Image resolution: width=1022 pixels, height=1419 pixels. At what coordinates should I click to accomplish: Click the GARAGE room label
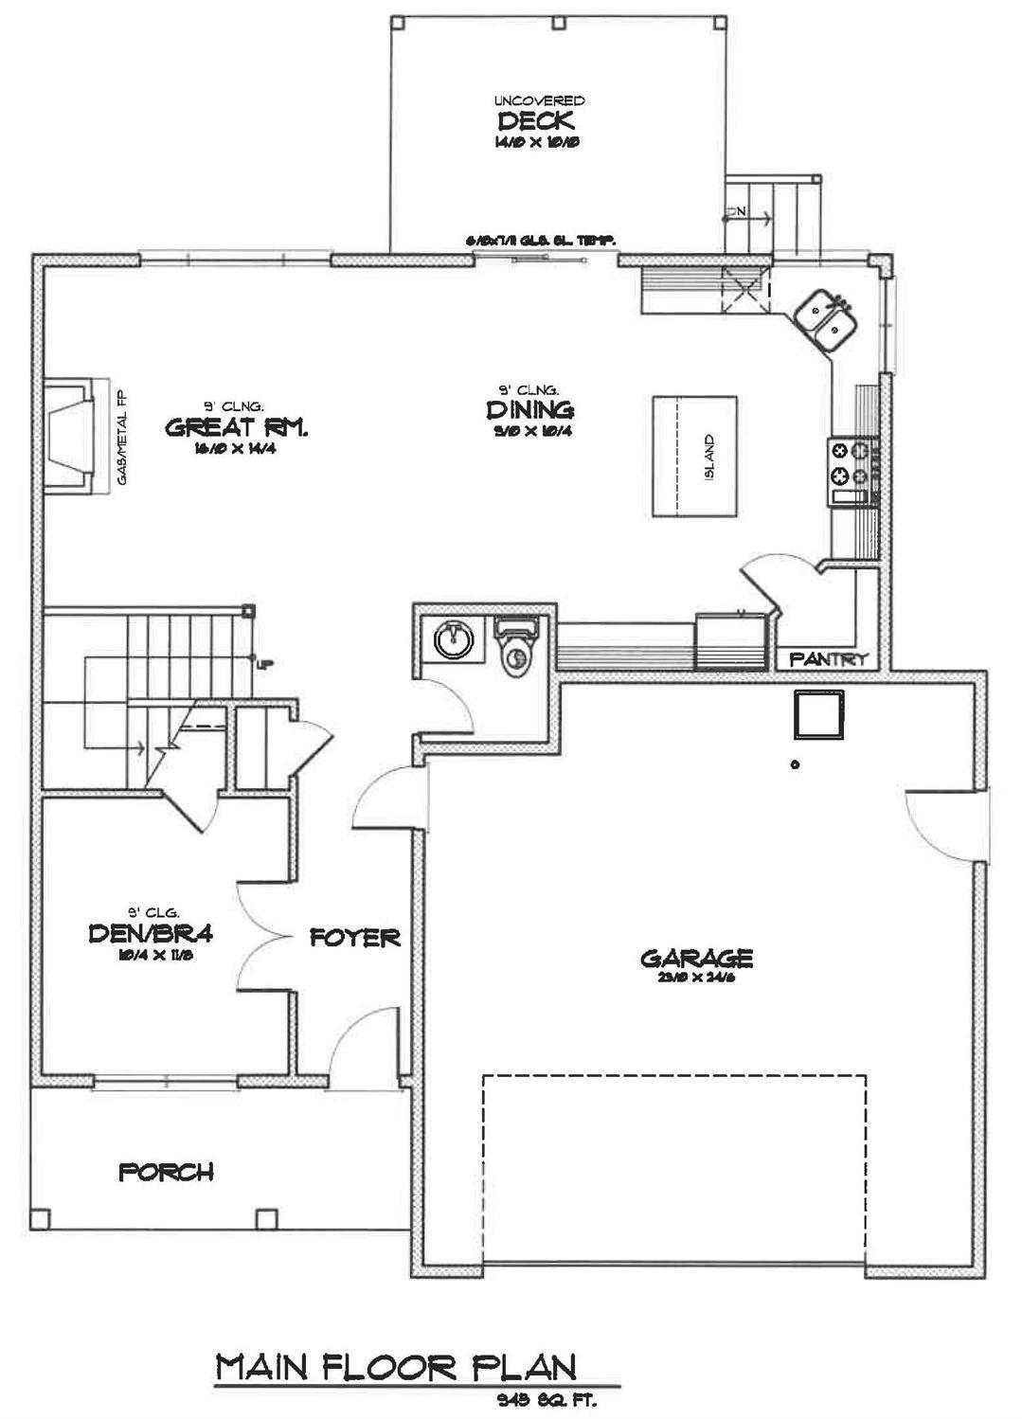[x=696, y=958]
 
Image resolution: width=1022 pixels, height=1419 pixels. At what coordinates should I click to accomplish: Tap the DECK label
[x=536, y=121]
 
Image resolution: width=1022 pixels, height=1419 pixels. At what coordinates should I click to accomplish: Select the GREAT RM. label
[x=237, y=427]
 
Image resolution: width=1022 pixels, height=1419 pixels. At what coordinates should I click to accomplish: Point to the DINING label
[x=530, y=409]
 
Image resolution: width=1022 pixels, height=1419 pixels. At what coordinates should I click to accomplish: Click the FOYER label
[x=355, y=938]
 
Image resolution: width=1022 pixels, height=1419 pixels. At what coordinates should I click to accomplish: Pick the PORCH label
[x=166, y=1172]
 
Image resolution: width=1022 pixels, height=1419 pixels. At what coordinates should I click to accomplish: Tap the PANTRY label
[x=829, y=658]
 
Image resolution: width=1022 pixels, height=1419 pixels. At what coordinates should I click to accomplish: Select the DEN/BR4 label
[x=150, y=934]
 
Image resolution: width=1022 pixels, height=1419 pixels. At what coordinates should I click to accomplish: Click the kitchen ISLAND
[x=694, y=457]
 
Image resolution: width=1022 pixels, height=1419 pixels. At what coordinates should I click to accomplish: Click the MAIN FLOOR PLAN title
[x=396, y=1367]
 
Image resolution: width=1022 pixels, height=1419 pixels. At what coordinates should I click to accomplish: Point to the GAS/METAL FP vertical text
[x=122, y=438]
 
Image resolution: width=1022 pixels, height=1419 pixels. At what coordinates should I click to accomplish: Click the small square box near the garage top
[x=816, y=714]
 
